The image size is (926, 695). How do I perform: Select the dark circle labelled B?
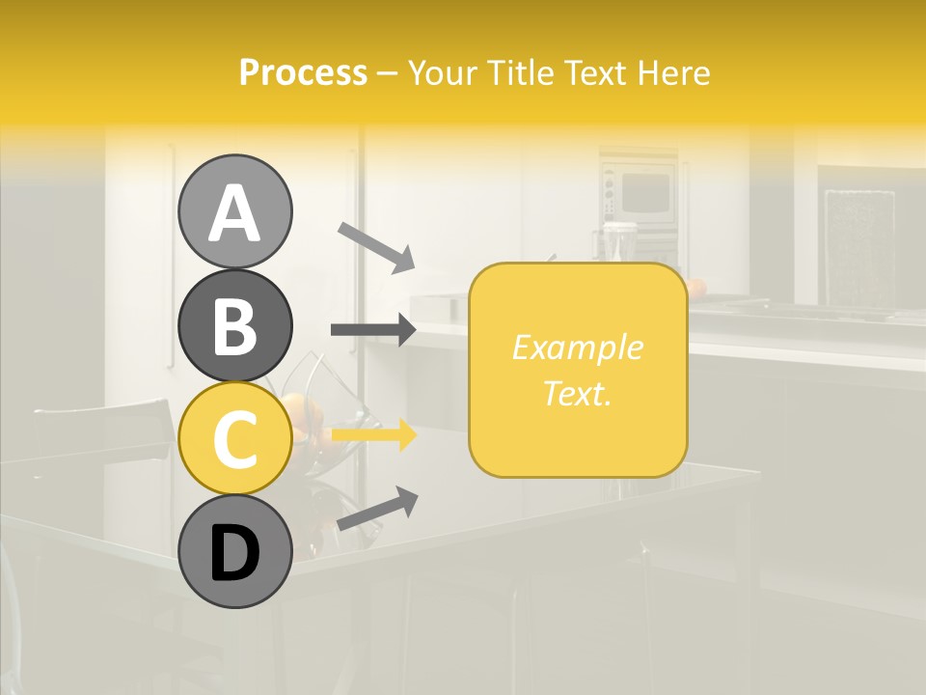point(234,325)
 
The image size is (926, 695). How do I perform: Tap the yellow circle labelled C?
point(234,438)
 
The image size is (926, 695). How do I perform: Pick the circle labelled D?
point(234,552)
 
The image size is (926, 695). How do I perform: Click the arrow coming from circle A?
point(376,247)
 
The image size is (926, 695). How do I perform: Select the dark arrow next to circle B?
point(373,330)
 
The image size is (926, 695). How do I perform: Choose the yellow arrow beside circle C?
point(373,435)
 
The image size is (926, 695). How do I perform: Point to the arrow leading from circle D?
point(377,509)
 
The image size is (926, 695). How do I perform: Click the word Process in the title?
point(303,73)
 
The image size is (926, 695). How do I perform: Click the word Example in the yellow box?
point(577,347)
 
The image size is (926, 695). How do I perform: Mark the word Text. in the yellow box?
point(577,393)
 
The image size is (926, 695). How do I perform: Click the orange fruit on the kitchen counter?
point(696,287)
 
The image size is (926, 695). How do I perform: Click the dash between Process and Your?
point(388,73)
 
